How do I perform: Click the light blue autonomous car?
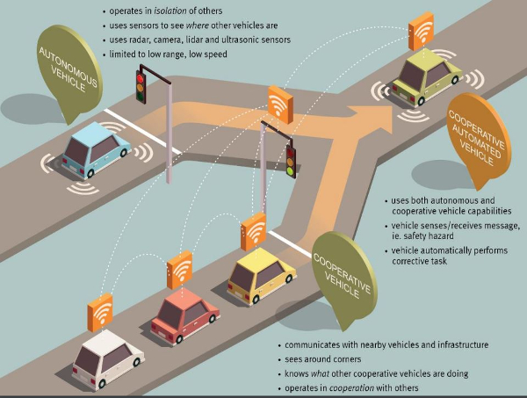96,150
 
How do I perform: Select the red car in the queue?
184,315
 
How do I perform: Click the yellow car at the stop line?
262,275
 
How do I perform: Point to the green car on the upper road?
426,77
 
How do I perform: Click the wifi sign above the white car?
100,312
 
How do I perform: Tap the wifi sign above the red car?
179,270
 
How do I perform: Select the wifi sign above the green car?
421,31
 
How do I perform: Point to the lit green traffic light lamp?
290,170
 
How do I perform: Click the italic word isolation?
170,11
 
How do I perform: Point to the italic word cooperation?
351,388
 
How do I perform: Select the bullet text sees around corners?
323,359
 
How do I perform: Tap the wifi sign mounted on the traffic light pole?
280,105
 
